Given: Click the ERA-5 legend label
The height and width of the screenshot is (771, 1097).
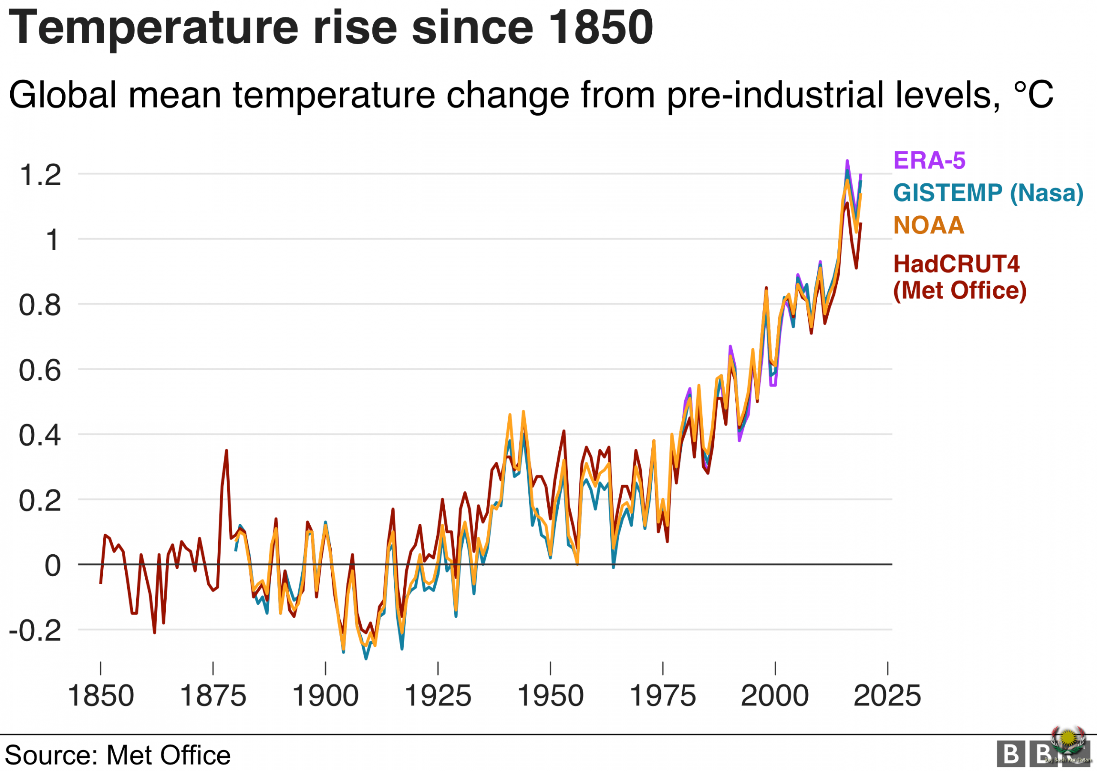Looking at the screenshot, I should [x=929, y=161].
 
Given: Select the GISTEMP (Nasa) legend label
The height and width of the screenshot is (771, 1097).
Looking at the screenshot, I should [x=988, y=194].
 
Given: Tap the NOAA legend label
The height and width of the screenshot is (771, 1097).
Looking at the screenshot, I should [x=928, y=225].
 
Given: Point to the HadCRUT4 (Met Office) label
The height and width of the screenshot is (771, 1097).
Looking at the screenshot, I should [x=959, y=277].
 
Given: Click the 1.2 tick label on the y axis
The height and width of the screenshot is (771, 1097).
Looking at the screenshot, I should [x=40, y=175].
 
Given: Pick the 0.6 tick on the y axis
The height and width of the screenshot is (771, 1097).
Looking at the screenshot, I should [x=40, y=370].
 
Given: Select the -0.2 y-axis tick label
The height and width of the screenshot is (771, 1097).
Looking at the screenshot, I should [x=36, y=631].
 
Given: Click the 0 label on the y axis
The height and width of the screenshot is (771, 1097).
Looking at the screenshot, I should [x=53, y=565].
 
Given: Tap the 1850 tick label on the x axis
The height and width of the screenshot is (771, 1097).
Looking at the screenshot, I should [x=100, y=696].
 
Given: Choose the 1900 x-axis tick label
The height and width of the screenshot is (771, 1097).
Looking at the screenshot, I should [x=325, y=696].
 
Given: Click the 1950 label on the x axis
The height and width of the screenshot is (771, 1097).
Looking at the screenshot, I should [x=550, y=696].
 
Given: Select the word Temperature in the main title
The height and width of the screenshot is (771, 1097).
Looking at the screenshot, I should [x=153, y=29].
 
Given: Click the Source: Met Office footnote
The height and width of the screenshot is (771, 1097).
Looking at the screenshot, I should [x=117, y=755].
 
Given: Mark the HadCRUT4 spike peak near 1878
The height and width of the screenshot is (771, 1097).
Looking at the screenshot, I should [x=227, y=451].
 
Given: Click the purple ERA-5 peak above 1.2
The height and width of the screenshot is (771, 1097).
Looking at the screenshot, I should [x=847, y=161].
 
